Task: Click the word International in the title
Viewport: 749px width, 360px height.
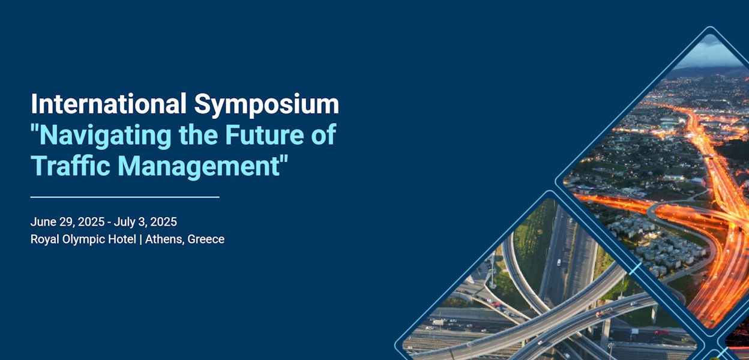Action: tap(109, 104)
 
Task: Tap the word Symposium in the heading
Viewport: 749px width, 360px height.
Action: tap(266, 105)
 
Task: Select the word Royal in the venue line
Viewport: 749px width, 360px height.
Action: tap(44, 239)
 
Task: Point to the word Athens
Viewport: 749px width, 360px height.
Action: tap(164, 239)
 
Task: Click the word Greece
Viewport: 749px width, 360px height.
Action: tap(206, 239)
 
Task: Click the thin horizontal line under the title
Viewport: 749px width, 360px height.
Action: tap(125, 197)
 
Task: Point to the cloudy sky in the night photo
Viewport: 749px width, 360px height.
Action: tap(711, 54)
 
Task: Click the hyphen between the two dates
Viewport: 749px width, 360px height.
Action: tap(109, 223)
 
